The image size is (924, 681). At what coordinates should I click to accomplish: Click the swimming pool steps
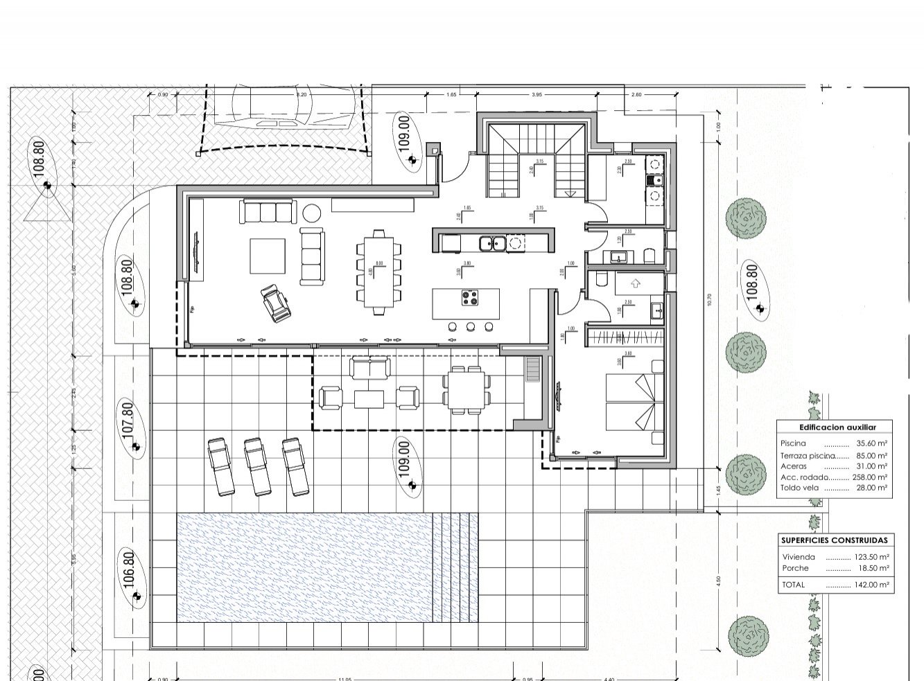click(x=455, y=567)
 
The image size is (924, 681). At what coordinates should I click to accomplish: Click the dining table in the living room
click(x=378, y=273)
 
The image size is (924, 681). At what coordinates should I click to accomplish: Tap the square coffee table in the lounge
click(x=267, y=256)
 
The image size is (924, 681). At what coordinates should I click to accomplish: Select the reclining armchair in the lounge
click(x=275, y=304)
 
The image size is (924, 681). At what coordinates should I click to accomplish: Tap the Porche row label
click(x=795, y=568)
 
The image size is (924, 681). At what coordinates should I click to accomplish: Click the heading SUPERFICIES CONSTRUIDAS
click(x=834, y=540)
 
